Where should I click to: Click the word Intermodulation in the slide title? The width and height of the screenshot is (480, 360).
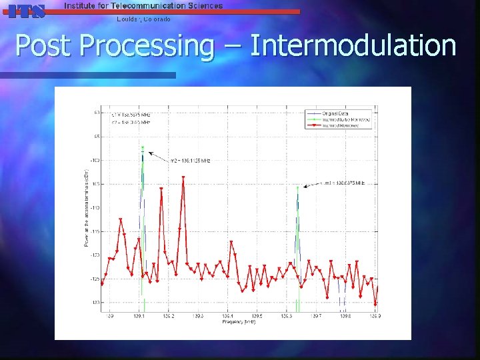353,46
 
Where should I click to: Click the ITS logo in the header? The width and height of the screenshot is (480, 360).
27,10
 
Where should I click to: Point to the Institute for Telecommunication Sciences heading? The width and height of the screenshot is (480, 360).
143,5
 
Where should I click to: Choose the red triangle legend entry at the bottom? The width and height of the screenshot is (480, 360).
341,125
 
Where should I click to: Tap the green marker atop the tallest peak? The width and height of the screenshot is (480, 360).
143,147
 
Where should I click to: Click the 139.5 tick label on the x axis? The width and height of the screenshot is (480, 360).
257,316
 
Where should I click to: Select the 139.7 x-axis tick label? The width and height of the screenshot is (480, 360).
316,316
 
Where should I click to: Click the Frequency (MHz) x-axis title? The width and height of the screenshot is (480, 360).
239,322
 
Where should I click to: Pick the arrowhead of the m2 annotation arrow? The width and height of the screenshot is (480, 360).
149,153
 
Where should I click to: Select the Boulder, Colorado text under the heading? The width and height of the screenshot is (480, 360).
143,19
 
